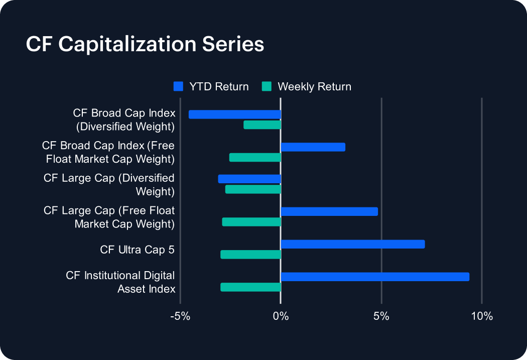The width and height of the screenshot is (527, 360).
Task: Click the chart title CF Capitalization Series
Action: (145, 44)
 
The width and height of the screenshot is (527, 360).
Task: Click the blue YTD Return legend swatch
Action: (178, 86)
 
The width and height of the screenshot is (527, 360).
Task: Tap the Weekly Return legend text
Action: (314, 86)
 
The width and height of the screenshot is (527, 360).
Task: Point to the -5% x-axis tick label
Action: (180, 316)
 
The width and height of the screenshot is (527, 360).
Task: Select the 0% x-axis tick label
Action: (281, 316)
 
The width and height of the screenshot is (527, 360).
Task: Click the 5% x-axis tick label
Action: (381, 316)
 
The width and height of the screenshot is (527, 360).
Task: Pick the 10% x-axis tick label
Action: (482, 316)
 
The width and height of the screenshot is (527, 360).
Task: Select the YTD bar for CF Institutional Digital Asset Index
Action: (375, 277)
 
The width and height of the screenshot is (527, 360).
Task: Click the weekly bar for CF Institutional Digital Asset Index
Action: (250, 287)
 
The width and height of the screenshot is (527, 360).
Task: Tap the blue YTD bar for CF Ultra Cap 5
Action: (353, 244)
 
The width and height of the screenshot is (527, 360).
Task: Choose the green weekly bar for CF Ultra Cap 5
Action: (250, 255)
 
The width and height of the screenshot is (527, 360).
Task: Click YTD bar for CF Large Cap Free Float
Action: (329, 211)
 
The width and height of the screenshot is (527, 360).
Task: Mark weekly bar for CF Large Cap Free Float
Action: (251, 222)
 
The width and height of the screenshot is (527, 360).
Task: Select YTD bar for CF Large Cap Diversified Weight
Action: (249, 179)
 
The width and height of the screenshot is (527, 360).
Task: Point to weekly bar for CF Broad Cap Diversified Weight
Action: (262, 125)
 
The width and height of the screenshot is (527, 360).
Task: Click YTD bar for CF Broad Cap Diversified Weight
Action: (234, 114)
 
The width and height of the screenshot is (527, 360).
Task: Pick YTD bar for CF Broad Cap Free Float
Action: (313, 147)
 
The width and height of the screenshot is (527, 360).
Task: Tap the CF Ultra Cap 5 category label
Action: (137, 250)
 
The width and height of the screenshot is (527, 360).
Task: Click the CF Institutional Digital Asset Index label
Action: (120, 282)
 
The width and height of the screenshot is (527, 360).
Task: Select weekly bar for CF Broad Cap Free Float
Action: (255, 157)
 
